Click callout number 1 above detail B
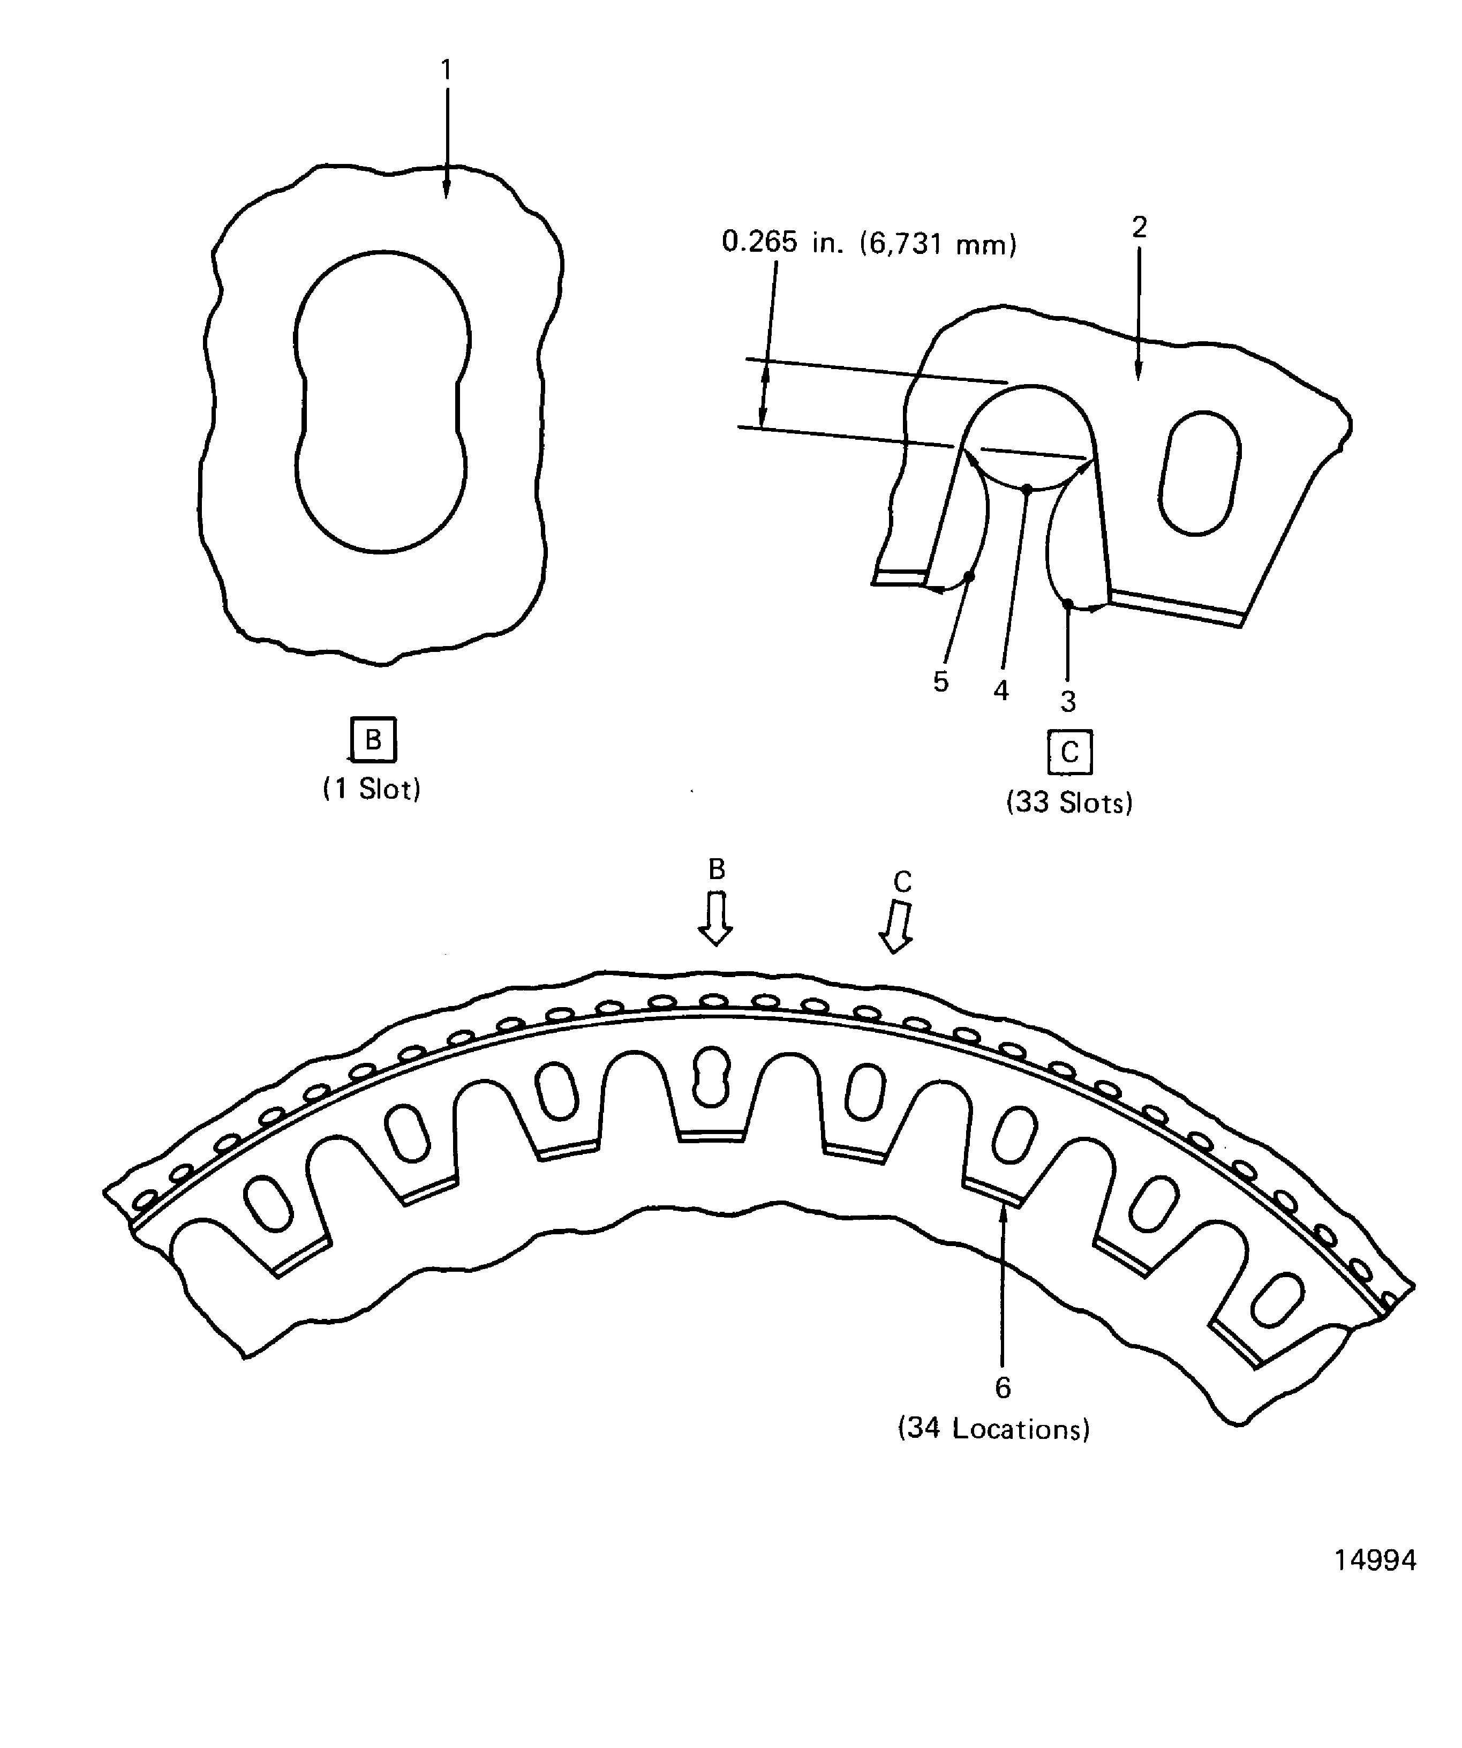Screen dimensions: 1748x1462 446,70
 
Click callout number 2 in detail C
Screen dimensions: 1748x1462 1139,227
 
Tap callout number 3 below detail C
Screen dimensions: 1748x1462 1068,701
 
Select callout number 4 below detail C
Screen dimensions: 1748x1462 1001,690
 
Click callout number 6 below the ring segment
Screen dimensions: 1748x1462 1003,1387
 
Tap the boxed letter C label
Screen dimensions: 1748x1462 1069,752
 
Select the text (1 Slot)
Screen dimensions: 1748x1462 372,788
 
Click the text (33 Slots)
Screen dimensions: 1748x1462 1069,802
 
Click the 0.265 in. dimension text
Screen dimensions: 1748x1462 869,243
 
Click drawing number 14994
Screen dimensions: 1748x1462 1375,1560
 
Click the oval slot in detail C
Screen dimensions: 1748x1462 1199,472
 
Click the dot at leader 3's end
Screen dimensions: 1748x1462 1068,604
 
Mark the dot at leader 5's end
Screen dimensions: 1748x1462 969,576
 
